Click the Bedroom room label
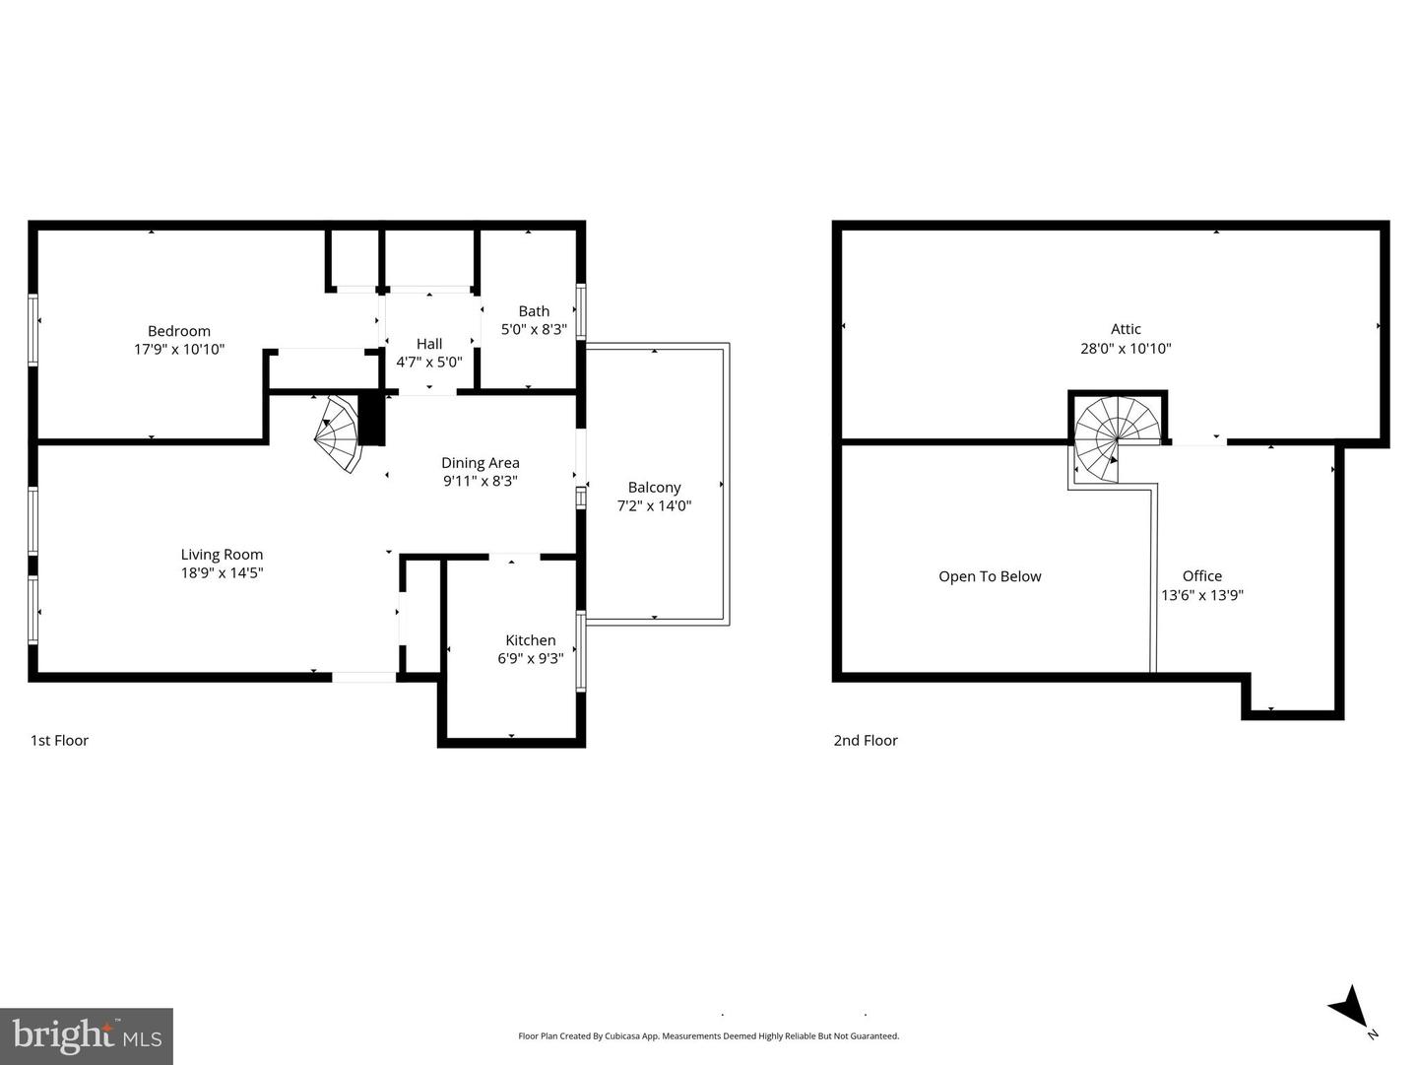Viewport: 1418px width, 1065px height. (179, 331)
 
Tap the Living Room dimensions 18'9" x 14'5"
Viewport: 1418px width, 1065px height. (222, 572)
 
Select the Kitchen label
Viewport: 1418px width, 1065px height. (530, 640)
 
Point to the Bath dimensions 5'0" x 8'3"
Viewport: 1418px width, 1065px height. (534, 329)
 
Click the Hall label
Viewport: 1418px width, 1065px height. (429, 344)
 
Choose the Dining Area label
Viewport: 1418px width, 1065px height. (480, 463)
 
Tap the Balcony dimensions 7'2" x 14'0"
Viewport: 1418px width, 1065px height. (654, 505)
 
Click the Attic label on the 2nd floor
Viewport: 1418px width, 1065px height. (1126, 330)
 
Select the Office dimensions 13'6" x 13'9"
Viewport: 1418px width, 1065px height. (1202, 594)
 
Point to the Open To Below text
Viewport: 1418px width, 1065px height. (990, 576)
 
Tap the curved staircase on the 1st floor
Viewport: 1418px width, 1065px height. (340, 433)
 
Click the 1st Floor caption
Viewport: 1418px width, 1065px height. (59, 741)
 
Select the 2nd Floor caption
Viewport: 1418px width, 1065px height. (866, 741)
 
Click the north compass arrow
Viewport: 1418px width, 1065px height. (1350, 1008)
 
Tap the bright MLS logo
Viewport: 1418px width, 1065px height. (87, 1035)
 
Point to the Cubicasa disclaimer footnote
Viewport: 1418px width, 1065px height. (708, 1035)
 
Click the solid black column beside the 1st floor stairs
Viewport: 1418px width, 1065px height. (371, 419)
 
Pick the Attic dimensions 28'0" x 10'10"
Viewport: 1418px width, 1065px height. (1126, 348)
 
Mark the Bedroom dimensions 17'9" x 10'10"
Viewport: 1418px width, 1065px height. (179, 349)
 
